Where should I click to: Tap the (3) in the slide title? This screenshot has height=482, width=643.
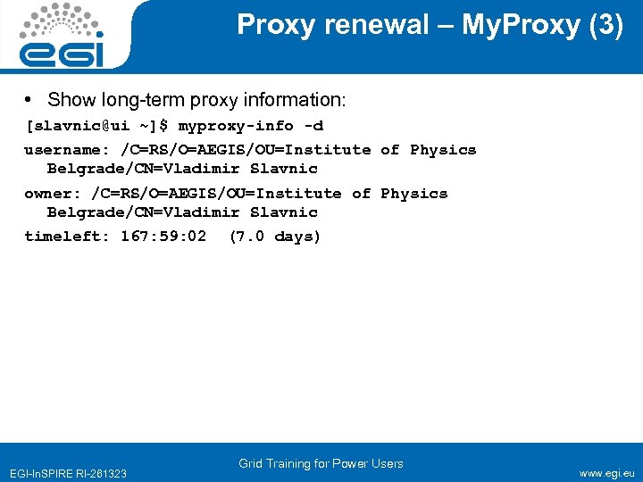click(605, 25)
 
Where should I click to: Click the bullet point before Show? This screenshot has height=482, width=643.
click(30, 99)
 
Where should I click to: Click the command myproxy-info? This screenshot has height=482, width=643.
click(236, 125)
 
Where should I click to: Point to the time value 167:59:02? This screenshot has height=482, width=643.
click(163, 237)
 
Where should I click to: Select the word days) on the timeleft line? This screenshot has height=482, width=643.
click(297, 237)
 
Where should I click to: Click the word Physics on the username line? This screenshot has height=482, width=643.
click(443, 150)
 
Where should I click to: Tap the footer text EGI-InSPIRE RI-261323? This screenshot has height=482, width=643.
click(68, 473)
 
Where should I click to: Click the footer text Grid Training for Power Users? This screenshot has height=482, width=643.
click(321, 463)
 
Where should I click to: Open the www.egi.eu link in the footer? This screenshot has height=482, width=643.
click(606, 473)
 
